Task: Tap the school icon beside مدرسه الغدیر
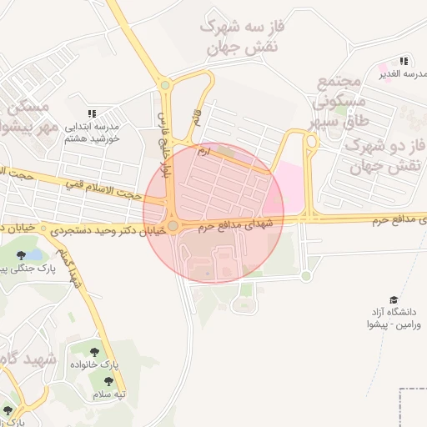(x=404, y=62)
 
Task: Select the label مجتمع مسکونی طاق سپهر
(x=338, y=103)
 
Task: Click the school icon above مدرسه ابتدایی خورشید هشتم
(x=92, y=113)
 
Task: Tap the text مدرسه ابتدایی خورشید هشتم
(x=93, y=133)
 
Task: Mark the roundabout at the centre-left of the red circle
(x=173, y=226)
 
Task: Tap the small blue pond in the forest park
(x=33, y=253)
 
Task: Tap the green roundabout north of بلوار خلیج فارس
(x=165, y=84)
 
